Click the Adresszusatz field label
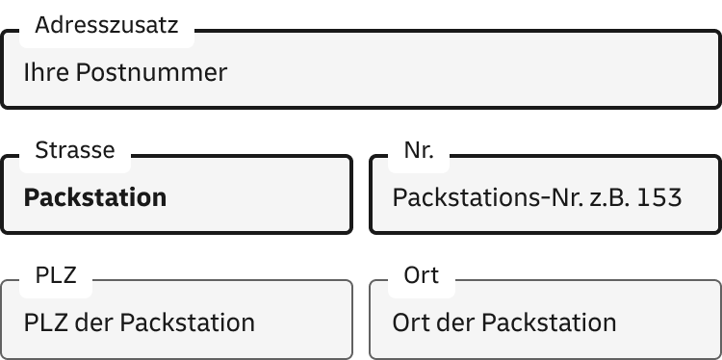(106, 27)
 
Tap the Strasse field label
(74, 150)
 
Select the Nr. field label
(419, 150)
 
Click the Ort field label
(422, 275)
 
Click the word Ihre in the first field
(44, 72)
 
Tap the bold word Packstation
(95, 198)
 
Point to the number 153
(660, 198)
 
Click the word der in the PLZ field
(93, 322)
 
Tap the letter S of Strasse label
(39, 150)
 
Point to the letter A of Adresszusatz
(40, 27)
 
